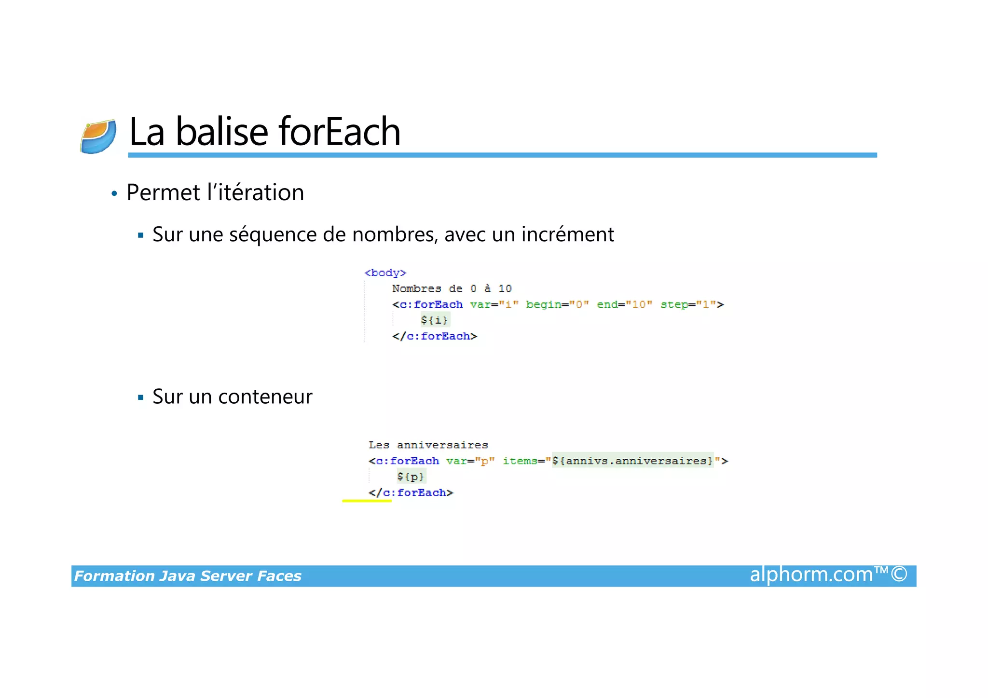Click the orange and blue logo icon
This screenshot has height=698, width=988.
98,137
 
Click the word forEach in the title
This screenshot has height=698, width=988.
339,132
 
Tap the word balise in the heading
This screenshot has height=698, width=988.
221,132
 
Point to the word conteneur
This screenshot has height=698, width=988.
265,397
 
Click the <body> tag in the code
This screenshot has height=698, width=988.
385,273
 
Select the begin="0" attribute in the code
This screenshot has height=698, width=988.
557,304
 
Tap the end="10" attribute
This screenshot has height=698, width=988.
624,304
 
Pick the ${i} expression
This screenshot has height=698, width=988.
434,320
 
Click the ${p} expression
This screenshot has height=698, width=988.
411,477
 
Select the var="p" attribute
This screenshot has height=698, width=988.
470,461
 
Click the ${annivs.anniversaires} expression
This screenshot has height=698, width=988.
632,461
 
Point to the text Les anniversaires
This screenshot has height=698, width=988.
428,445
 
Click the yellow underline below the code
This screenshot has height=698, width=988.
367,501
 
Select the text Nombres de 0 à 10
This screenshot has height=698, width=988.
452,288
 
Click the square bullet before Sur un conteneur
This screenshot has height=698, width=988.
141,397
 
